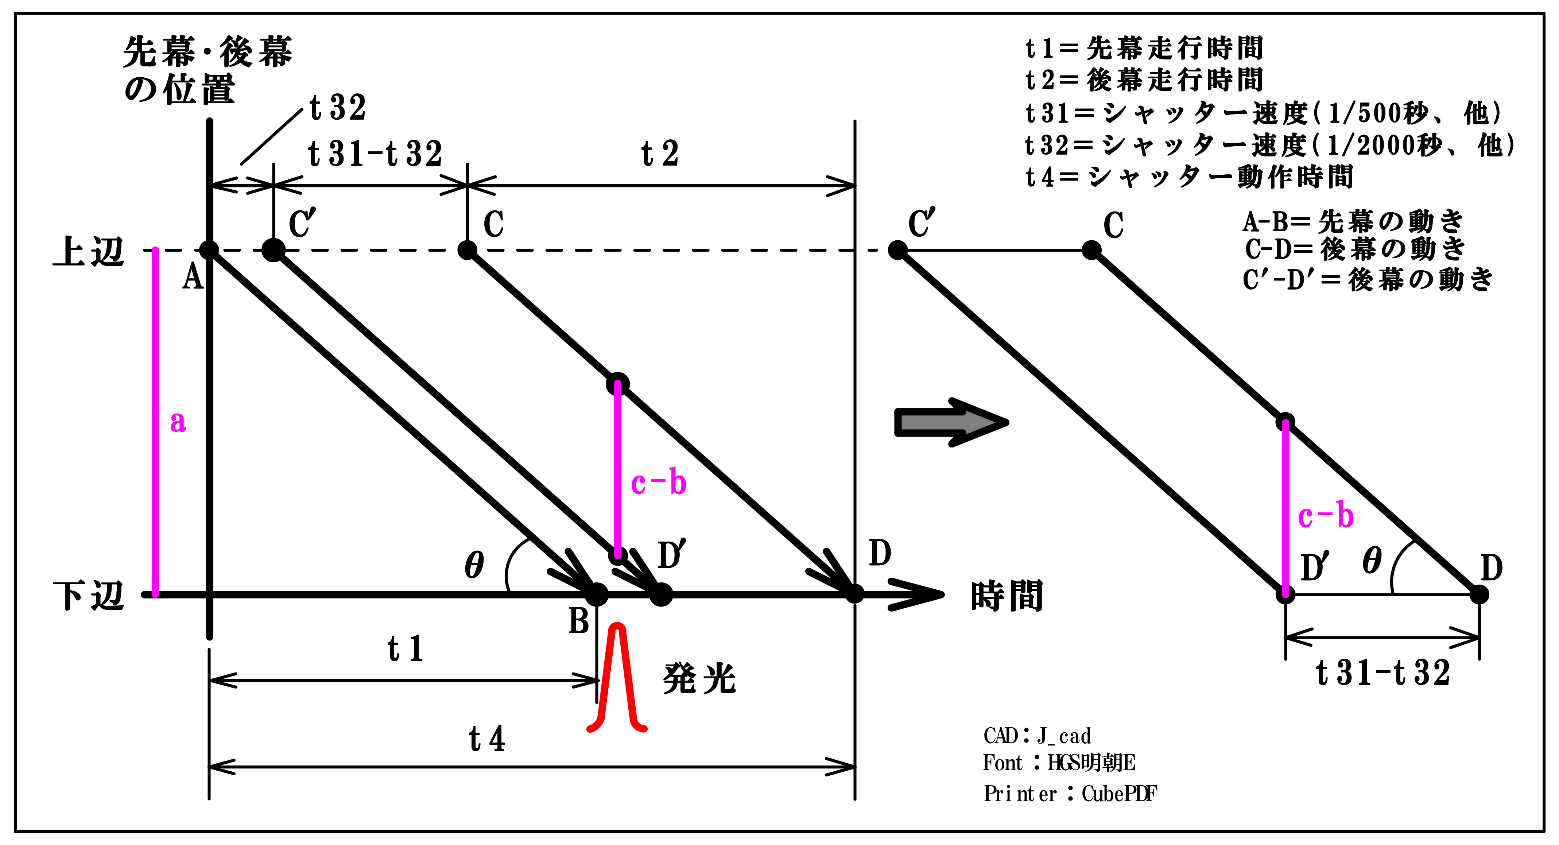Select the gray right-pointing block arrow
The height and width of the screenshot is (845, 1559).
[x=950, y=422]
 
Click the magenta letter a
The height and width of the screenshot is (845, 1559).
[x=177, y=422]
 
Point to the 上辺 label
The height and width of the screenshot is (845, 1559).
[x=89, y=251]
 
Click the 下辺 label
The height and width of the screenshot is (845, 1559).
[x=89, y=596]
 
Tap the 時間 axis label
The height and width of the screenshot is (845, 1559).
[x=1007, y=596]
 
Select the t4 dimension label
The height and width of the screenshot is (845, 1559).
[x=487, y=739]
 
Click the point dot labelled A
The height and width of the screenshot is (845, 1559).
[x=209, y=249]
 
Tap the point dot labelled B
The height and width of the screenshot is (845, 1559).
[x=597, y=594]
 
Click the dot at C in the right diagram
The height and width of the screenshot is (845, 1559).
[x=1092, y=249]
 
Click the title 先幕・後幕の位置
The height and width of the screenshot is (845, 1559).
[x=208, y=70]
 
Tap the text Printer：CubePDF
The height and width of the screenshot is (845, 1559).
[x=1070, y=794]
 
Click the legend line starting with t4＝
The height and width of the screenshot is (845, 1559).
[x=1189, y=177]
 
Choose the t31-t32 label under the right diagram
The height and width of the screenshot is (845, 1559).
[x=1383, y=673]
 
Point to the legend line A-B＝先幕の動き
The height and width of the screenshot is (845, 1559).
[x=1353, y=221]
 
